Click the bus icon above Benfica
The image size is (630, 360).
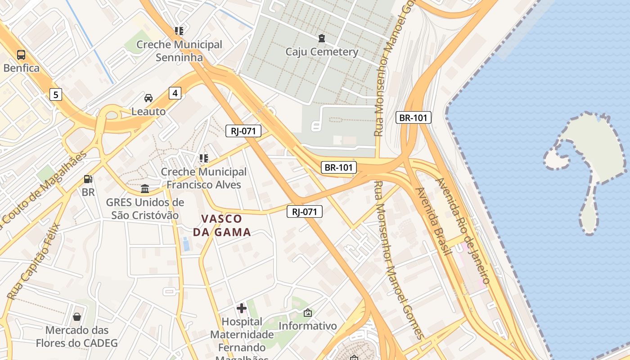21,55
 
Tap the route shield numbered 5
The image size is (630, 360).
55,94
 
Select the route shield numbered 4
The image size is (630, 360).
175,93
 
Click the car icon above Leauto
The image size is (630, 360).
148,98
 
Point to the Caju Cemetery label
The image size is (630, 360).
322,52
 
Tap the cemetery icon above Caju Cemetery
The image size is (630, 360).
321,38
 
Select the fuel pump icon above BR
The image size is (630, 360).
88,179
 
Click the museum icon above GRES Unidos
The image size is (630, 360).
145,189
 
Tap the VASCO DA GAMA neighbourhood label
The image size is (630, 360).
222,225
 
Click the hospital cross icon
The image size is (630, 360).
242,308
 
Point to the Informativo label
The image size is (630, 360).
308,326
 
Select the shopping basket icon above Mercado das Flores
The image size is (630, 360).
77,317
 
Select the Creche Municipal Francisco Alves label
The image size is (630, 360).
203,178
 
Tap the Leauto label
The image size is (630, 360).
148,111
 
